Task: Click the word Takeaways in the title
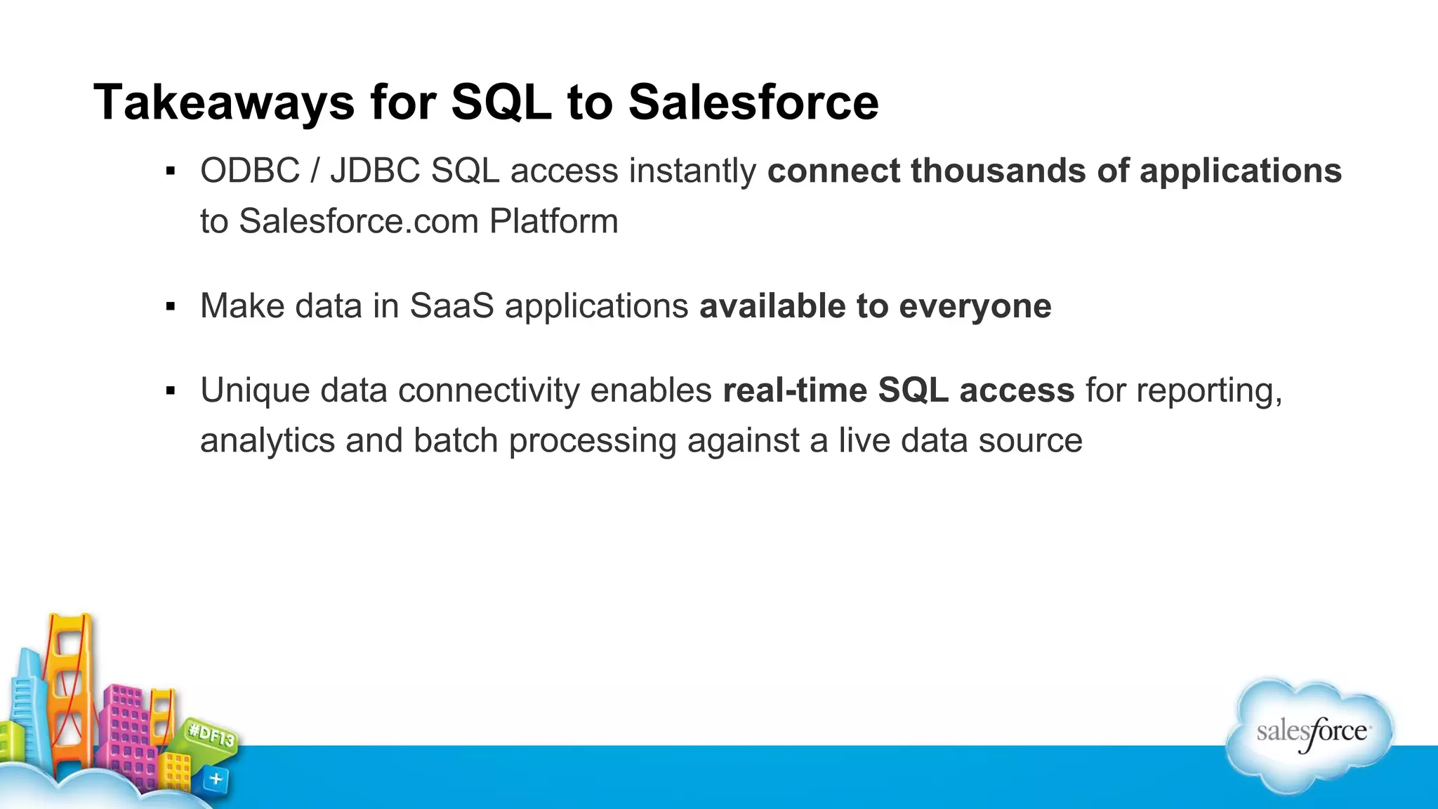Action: (224, 103)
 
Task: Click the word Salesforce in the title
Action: (753, 103)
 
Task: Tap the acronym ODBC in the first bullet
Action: (250, 171)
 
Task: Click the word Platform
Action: (553, 221)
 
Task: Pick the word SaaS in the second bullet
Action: (451, 306)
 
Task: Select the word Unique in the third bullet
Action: (254, 390)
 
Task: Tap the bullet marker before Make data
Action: (170, 307)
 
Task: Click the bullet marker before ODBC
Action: (170, 171)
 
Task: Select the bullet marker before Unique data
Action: (170, 391)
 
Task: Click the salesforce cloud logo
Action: (1310, 734)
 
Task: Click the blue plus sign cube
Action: (216, 779)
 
